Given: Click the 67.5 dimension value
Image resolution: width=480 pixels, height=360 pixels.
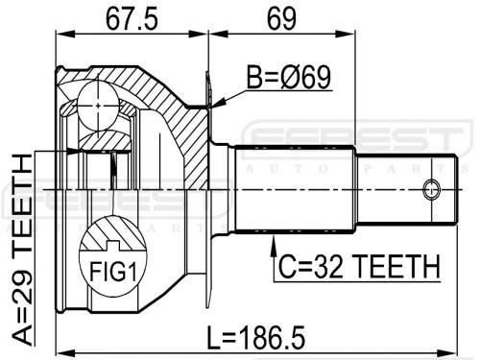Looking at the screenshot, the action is pos(132,19).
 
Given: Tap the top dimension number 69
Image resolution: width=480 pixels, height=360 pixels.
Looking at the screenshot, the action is pos(281,19).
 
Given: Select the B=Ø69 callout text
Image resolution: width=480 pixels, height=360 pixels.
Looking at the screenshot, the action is pos(289,77).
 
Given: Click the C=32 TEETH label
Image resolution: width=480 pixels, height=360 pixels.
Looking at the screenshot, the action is pos(359,266).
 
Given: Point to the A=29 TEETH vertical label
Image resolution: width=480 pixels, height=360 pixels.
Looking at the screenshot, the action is pos(22,250).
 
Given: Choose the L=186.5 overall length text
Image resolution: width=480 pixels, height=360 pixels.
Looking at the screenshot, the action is pos(256,338).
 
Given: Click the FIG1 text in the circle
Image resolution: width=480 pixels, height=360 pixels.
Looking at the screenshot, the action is pos(113,272).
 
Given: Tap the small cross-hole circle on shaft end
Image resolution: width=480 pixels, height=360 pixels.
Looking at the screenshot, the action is pos(431,189).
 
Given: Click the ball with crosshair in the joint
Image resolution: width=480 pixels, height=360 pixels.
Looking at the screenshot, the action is pos(98,105).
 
